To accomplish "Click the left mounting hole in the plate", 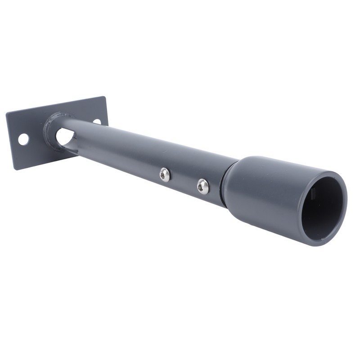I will click(x=23, y=139).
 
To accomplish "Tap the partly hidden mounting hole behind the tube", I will click(x=97, y=121).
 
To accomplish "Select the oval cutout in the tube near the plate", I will click(x=65, y=136).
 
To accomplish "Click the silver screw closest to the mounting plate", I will click(x=165, y=175).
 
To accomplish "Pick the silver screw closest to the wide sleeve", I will click(x=203, y=186).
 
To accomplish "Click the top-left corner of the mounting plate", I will click(x=6, y=113).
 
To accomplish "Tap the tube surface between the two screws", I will click(x=184, y=179).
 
